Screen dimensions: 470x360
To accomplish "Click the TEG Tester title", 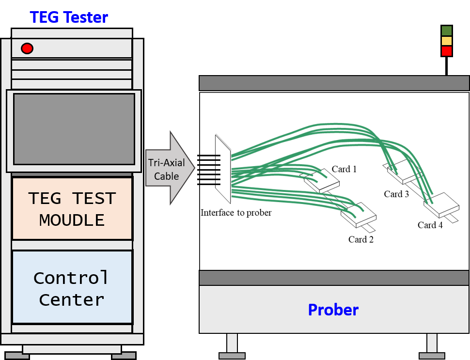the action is (x=69, y=17).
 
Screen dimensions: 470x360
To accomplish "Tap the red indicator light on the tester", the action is (x=27, y=48).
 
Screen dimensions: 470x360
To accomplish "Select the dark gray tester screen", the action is (x=74, y=129).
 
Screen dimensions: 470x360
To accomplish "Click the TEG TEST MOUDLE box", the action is (x=72, y=209).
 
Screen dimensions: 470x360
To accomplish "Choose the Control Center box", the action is (x=72, y=287).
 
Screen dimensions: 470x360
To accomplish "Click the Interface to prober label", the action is (x=236, y=213).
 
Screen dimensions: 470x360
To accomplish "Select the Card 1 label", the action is (x=344, y=169).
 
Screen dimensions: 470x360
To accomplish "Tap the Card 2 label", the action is (x=361, y=239).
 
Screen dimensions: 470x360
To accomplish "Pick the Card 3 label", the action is (x=396, y=194).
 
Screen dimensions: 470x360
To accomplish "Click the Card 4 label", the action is (x=430, y=225).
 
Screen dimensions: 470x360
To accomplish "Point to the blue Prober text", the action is (x=333, y=310).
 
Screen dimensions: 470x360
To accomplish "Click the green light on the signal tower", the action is (x=447, y=31).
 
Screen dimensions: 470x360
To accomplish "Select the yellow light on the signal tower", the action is (x=447, y=41).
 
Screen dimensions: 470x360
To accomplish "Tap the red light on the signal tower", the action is (x=447, y=51).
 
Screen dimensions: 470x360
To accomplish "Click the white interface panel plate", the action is (x=223, y=170).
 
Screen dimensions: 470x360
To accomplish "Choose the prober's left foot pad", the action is (x=232, y=356).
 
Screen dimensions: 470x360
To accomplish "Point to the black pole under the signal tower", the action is (x=447, y=66).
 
